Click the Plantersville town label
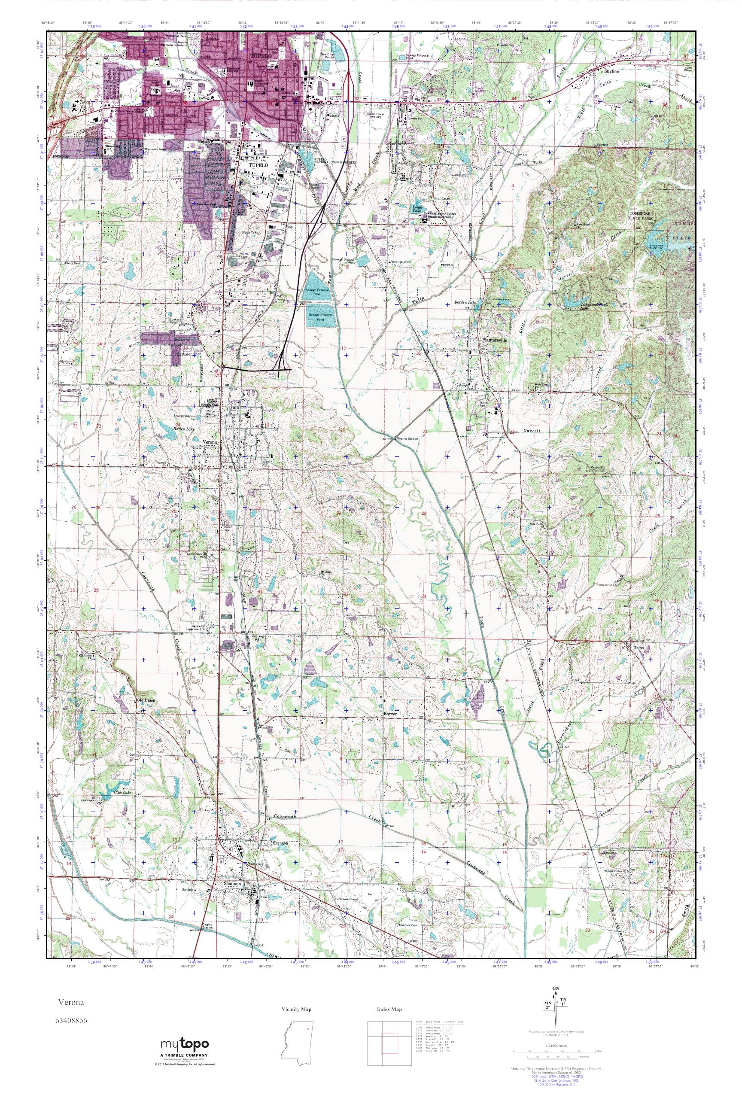tap(495, 340)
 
